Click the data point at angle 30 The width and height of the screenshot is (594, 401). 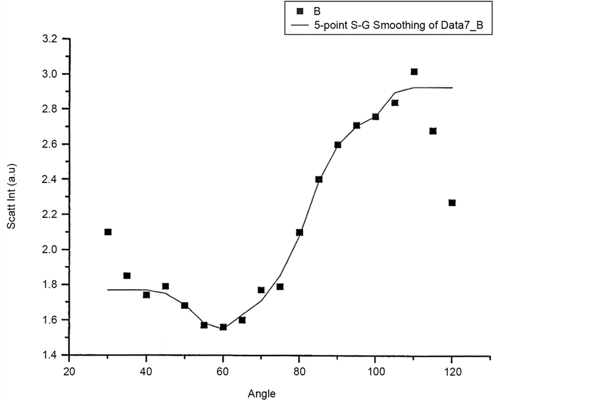click(108, 232)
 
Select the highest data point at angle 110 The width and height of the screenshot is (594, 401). click(414, 72)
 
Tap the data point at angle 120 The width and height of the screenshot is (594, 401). click(452, 203)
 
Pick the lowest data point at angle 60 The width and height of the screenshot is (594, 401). click(223, 327)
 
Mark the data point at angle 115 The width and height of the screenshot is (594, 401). click(433, 131)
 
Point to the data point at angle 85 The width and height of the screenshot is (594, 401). click(318, 179)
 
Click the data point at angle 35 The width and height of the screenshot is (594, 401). click(127, 276)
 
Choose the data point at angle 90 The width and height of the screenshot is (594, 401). click(337, 145)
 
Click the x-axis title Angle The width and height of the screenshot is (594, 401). click(261, 394)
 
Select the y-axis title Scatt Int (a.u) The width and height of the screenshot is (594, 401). click(11, 197)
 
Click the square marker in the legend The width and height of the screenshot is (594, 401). click(300, 11)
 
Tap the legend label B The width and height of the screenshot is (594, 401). click(317, 11)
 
